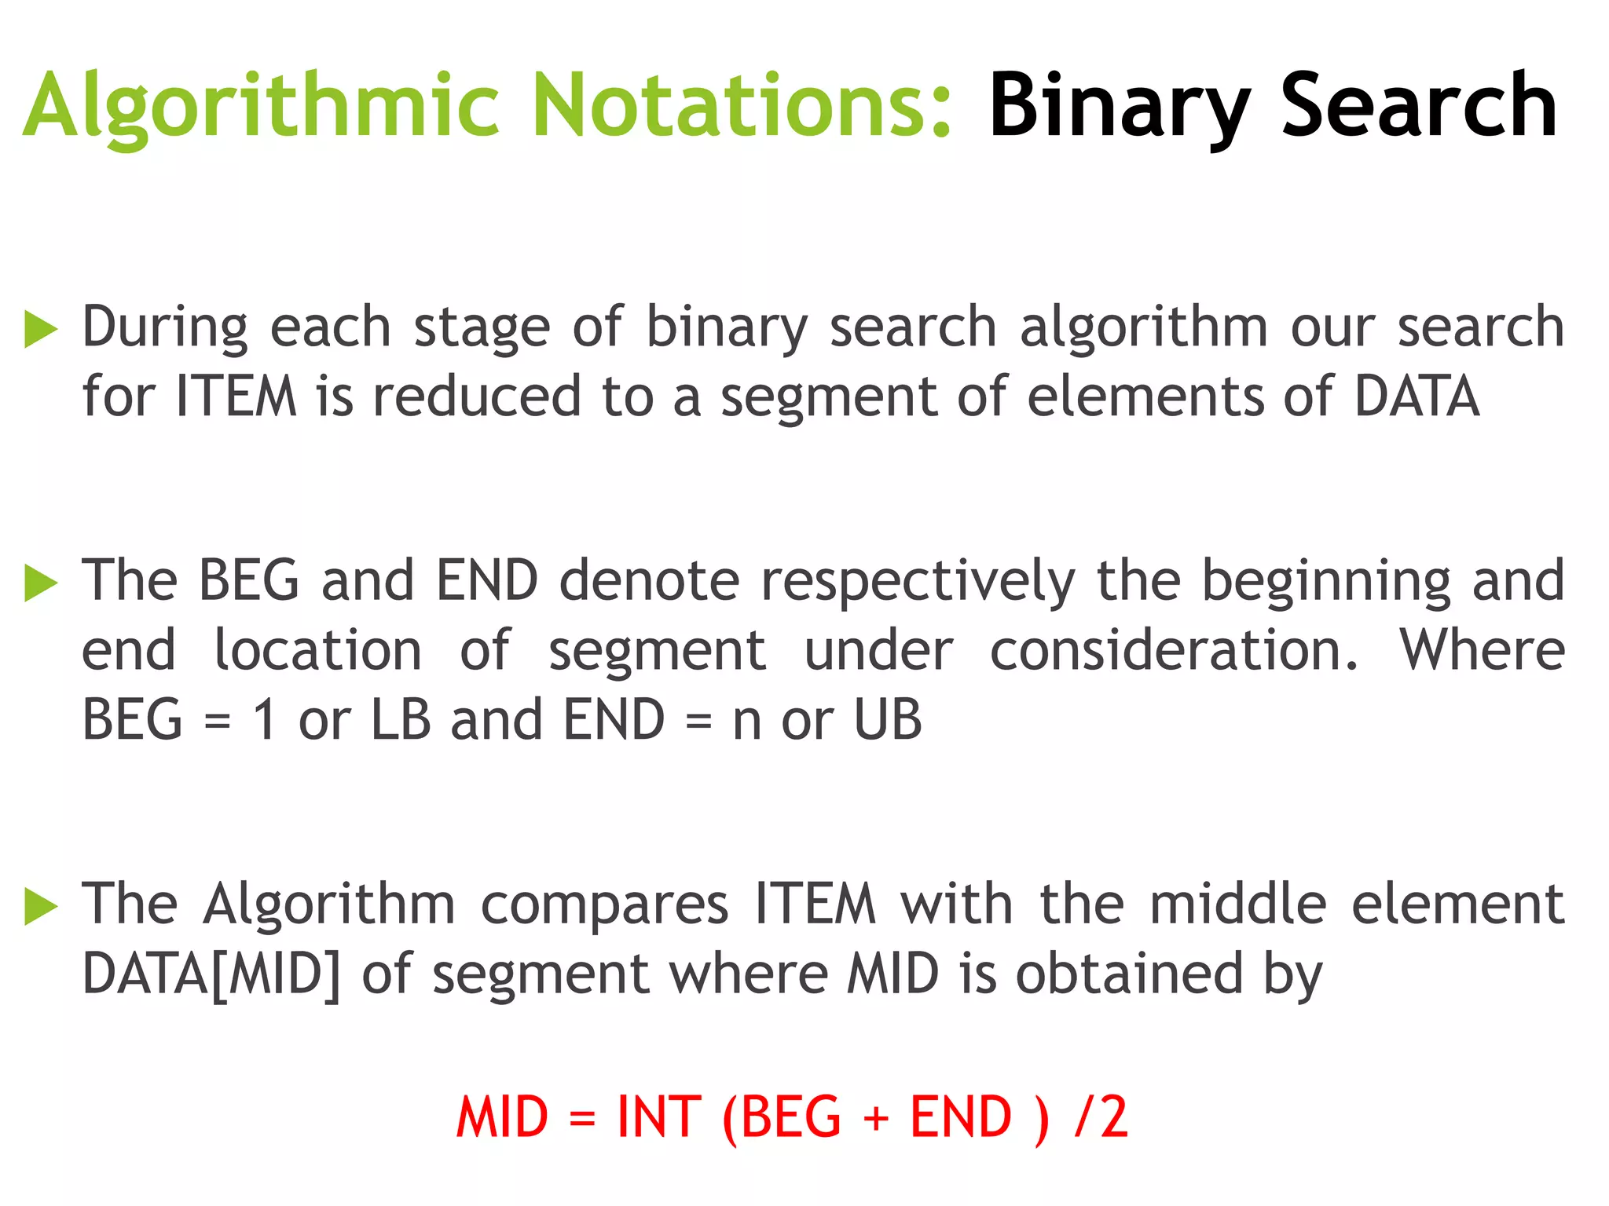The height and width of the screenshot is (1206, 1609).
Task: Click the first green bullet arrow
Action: (x=41, y=329)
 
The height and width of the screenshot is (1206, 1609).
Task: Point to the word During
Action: (x=165, y=327)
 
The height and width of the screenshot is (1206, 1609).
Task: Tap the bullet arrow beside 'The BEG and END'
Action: (x=41, y=583)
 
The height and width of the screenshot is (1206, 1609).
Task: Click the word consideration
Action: (x=1173, y=651)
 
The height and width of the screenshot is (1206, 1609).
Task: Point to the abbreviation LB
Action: (x=401, y=719)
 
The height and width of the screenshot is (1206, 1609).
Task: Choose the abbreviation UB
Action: (x=887, y=719)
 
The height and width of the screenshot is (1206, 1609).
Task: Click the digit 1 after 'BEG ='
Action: (x=265, y=719)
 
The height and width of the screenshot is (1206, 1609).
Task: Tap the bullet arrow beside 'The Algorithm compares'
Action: (x=41, y=907)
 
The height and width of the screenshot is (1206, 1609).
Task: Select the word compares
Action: (x=604, y=905)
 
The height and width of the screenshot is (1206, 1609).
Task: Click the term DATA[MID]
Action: (x=211, y=974)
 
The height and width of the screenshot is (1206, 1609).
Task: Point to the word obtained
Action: (x=1129, y=974)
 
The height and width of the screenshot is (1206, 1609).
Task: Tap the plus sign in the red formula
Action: (x=876, y=1118)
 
